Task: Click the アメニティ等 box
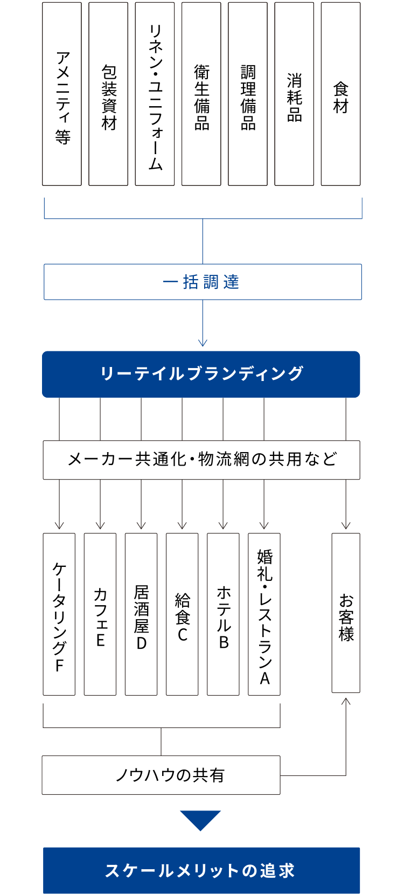(x=62, y=94)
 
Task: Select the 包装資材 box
(x=108, y=94)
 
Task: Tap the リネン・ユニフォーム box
(x=155, y=94)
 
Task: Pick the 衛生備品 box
(x=201, y=94)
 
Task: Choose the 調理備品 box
(x=248, y=94)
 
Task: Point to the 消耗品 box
(x=294, y=94)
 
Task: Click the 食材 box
(x=340, y=94)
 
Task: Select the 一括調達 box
(x=203, y=282)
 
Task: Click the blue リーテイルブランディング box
(x=201, y=374)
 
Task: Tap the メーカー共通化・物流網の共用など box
(x=201, y=460)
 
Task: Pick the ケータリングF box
(x=59, y=614)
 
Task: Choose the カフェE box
(x=100, y=614)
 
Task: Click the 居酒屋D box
(x=141, y=614)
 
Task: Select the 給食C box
(x=182, y=614)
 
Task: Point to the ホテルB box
(x=223, y=614)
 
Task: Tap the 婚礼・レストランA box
(x=264, y=614)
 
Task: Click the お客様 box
(x=346, y=613)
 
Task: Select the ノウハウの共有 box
(x=161, y=775)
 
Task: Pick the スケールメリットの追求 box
(x=201, y=870)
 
